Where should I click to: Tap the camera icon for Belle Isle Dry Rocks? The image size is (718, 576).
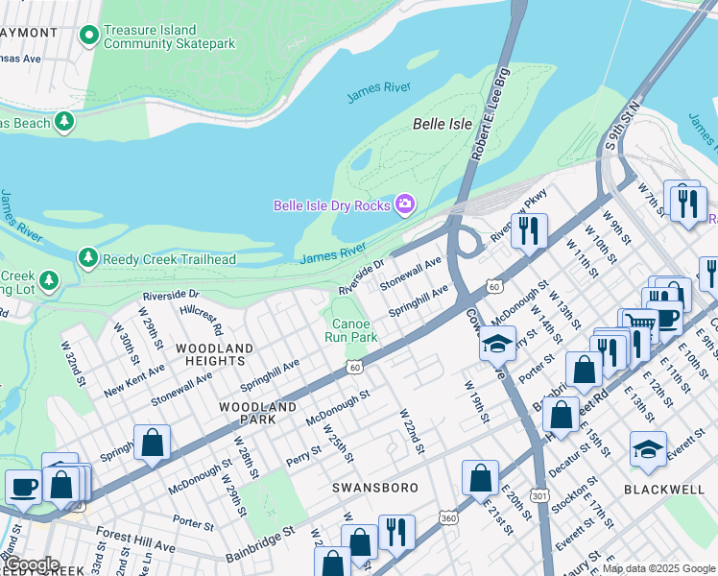tap(405, 204)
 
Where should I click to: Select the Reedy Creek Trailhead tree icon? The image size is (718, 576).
tap(87, 258)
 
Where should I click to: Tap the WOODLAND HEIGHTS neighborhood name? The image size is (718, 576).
tap(214, 354)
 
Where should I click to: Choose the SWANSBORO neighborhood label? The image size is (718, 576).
tap(374, 488)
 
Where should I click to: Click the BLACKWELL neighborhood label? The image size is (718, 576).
tap(663, 489)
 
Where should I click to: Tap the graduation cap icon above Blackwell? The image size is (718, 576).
tap(648, 448)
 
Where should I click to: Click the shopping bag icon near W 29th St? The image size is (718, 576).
tap(152, 442)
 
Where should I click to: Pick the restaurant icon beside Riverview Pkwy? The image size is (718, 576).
tap(528, 230)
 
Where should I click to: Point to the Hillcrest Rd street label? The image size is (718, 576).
tap(200, 313)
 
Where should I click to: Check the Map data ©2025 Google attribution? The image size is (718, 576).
tap(658, 568)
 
